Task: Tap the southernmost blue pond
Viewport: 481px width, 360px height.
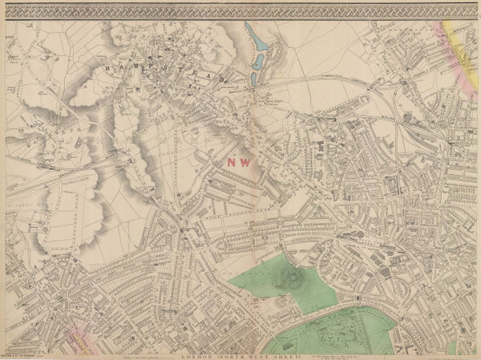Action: pos(253,79)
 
